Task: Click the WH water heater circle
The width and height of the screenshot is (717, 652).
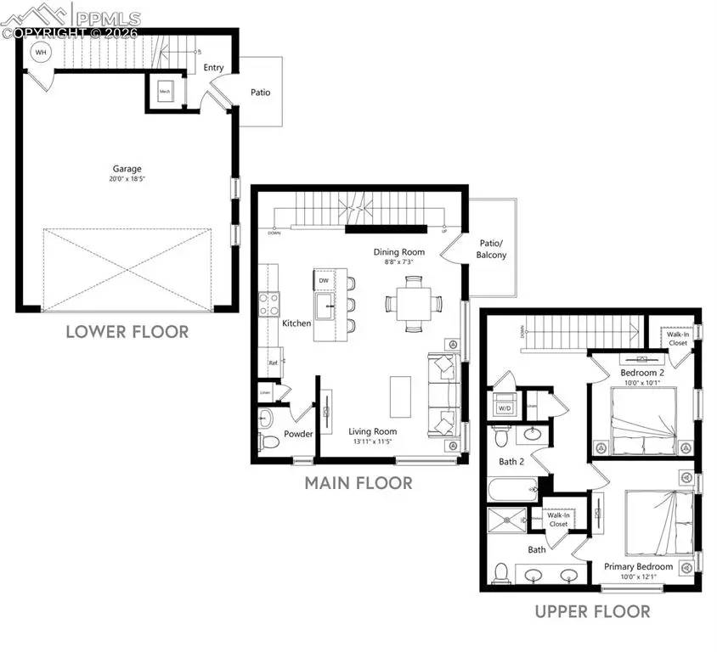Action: (x=40, y=53)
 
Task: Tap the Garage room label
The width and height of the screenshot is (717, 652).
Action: (x=127, y=169)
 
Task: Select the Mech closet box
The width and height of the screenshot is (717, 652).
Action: (x=165, y=93)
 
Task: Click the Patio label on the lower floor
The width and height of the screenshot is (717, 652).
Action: (x=260, y=92)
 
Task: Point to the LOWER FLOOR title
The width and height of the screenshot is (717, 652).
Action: (x=127, y=331)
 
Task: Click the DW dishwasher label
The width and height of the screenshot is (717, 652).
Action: (x=324, y=280)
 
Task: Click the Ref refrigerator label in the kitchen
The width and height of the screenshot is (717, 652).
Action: (x=274, y=363)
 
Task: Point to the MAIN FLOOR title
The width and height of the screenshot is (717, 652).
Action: (x=358, y=483)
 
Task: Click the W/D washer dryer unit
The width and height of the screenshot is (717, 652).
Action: (x=504, y=407)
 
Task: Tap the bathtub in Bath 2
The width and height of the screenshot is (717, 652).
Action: (x=512, y=490)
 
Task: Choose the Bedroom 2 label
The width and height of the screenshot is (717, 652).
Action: (x=641, y=373)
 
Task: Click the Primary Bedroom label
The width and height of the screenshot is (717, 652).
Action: (x=638, y=566)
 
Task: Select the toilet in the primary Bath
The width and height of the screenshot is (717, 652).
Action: (x=501, y=572)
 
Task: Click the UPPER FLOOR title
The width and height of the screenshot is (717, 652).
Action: (x=592, y=611)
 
